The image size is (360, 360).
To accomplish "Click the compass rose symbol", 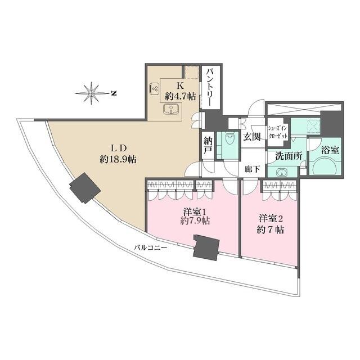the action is coord(92,93).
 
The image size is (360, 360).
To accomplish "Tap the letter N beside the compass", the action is coord(114,93).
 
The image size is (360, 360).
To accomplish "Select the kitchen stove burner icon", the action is coord(154,88).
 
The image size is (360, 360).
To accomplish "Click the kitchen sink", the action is coord(171,109).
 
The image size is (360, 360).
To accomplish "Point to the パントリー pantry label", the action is coord(210,87).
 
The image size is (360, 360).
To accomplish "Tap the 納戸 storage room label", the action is coord(209,145).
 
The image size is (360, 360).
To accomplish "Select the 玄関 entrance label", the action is coord(252,137).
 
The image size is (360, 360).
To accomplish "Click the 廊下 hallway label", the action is coord(252,169).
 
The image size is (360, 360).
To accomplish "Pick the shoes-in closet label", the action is coord(278,132).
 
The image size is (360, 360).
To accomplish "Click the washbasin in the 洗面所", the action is coord(281,172).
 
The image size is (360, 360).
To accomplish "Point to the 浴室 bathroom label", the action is coord(330,150).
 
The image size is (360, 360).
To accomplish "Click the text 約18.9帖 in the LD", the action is coord(118,159).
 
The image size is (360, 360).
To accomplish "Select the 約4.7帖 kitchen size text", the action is coord(181,96).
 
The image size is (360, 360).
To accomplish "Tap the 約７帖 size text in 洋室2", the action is coord(271,229).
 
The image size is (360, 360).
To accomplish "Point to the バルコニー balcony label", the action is coord(151,247).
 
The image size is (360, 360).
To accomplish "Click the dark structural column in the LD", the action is coord(85,188).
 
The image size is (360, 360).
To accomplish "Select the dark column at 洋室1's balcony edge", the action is coord(206,247).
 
